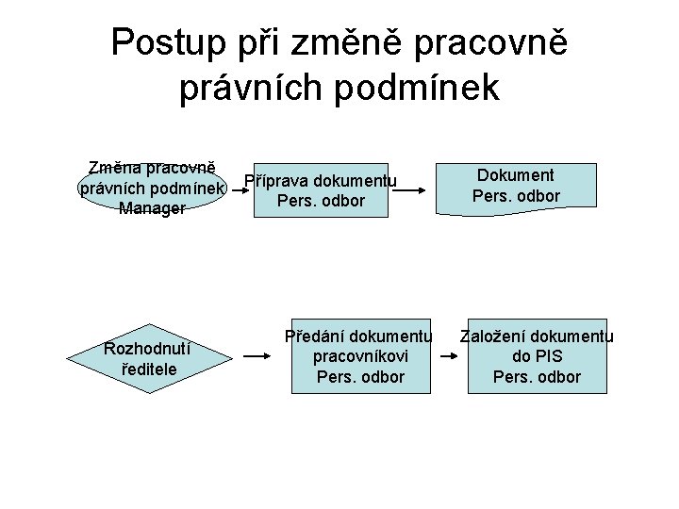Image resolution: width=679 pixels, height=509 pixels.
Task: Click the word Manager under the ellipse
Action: pos(152,208)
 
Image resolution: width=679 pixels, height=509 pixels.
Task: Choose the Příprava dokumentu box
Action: pos(320,190)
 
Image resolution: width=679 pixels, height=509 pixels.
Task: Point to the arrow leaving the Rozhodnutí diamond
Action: pos(258,357)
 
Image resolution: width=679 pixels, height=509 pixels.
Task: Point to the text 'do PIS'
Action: pos(537,357)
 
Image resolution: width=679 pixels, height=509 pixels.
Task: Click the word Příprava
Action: pos(276,181)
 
